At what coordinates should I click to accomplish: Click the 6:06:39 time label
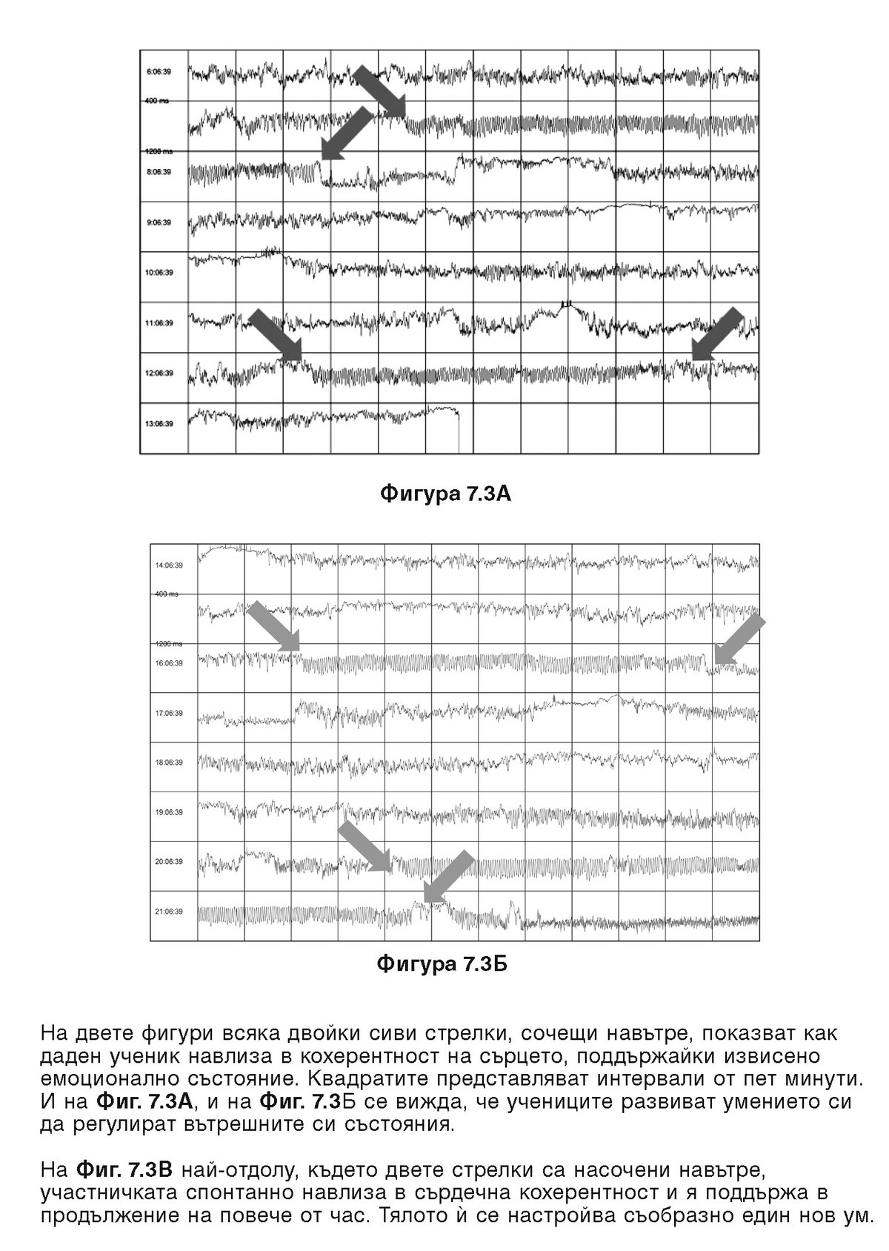tap(159, 72)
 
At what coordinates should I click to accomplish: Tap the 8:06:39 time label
tap(159, 172)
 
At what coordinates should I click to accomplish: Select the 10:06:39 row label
tap(159, 273)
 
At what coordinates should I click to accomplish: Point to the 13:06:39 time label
tap(159, 424)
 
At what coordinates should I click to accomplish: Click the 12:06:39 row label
tap(159, 374)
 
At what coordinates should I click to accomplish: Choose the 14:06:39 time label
tap(169, 565)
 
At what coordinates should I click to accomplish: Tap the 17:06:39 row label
tap(169, 714)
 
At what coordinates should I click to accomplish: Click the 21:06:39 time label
tap(169, 912)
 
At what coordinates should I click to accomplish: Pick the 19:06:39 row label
tap(169, 812)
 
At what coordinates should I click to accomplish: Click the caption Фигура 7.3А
tap(445, 494)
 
